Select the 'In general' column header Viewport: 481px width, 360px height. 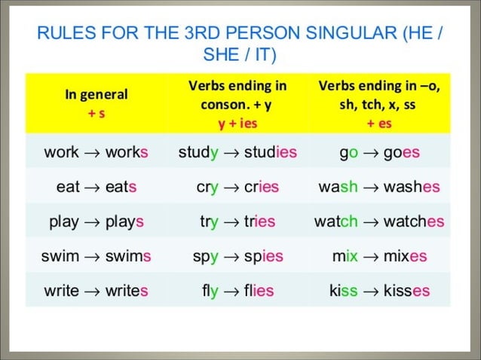tap(96, 95)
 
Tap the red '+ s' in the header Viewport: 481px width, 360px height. tap(96, 112)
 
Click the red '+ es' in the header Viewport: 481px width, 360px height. tap(380, 123)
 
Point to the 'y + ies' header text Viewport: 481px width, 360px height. tap(237, 123)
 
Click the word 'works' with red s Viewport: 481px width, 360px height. tap(127, 152)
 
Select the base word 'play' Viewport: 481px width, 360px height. tap(64, 222)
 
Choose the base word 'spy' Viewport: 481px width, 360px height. tap(204, 257)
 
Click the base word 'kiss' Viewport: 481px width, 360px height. tap(343, 291)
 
